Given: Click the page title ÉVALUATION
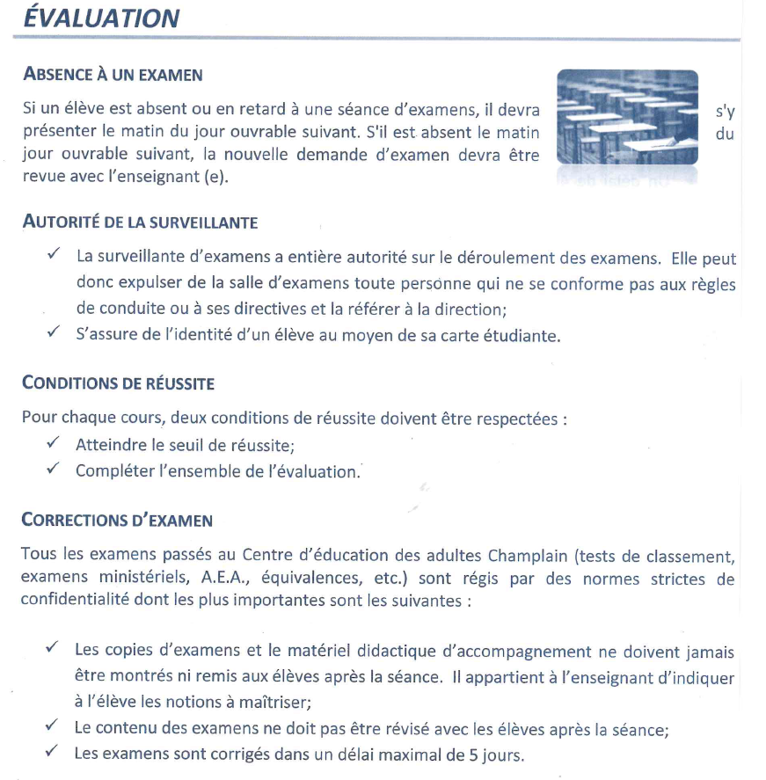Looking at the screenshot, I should coord(101,18).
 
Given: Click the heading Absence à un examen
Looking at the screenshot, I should coord(112,75).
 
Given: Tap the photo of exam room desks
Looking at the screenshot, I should coord(627,118).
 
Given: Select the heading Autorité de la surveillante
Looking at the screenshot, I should coord(140,222).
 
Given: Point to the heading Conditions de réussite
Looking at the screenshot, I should coord(118,384).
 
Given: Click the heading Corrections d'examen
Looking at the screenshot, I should coord(117,520).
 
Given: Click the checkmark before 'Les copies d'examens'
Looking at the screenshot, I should coord(54,649).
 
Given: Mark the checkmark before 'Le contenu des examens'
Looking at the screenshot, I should coord(54,727).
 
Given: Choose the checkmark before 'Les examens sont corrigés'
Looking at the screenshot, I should coord(54,753).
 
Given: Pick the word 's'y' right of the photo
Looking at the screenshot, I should coord(725,113).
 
